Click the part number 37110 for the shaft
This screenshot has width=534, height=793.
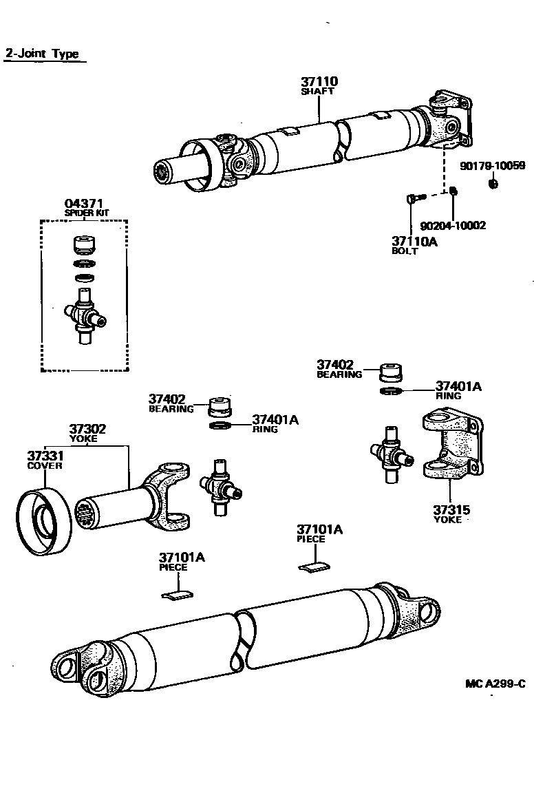coord(319,81)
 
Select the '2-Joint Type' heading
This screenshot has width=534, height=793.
coord(42,54)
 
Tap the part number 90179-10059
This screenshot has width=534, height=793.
coord(492,166)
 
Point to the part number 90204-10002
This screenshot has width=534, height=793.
coord(453,226)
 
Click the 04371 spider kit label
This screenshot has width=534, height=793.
coord(83,203)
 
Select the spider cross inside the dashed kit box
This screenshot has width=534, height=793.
coord(85,315)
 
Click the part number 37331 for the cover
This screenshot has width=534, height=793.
coord(45,456)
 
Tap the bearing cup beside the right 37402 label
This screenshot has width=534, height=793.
coord(392,372)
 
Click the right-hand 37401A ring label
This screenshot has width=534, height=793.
coord(458,387)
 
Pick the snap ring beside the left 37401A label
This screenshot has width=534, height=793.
coord(220,427)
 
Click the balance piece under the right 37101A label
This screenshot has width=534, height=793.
coord(314,566)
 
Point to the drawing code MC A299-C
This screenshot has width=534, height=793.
coord(494,684)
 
